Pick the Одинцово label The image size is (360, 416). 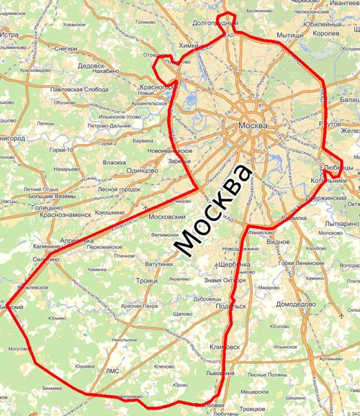pyautogui.click(x=141, y=171)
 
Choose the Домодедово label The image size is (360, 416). pyautogui.click(x=296, y=304)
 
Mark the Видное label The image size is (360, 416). pyautogui.click(x=277, y=243)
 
